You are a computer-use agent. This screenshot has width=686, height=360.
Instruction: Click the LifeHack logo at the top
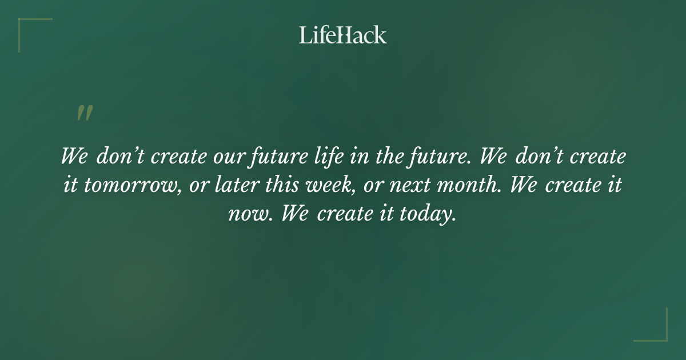[342, 35]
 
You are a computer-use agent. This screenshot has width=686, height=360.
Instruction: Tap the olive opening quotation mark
[85, 113]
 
